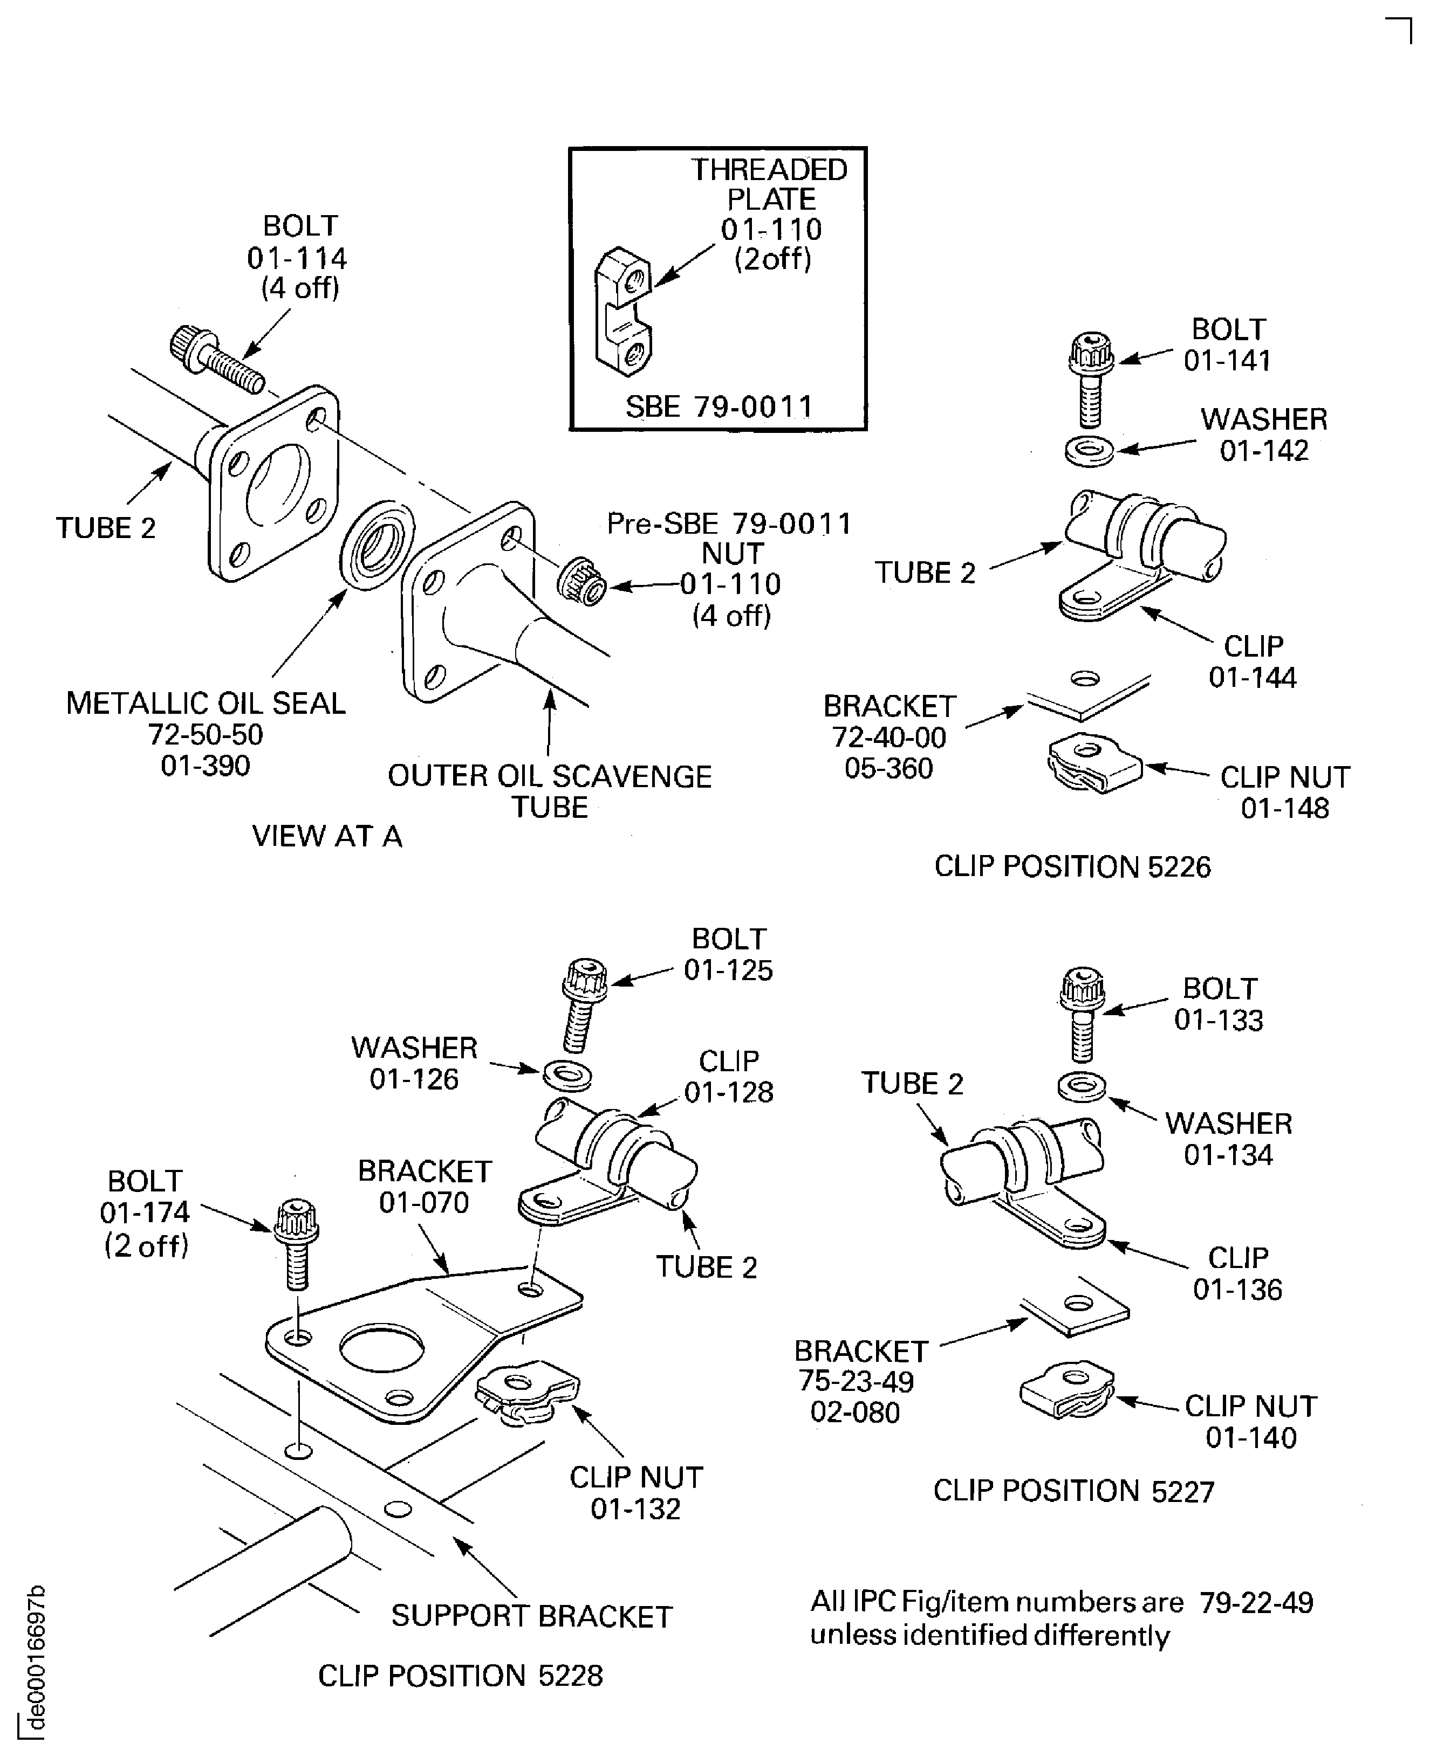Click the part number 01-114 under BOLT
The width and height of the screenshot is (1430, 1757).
tap(297, 259)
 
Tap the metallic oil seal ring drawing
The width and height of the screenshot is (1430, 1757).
tap(377, 544)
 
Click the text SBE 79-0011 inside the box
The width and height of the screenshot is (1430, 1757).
tap(719, 406)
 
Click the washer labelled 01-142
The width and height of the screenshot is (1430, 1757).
tap(1089, 451)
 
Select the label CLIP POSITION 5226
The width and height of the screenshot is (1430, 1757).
tap(1072, 867)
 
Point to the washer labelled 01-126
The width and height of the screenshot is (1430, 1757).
tap(567, 1075)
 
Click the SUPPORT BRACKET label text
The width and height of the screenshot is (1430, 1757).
tap(531, 1616)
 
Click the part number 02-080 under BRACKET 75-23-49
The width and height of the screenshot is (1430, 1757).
tap(855, 1412)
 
